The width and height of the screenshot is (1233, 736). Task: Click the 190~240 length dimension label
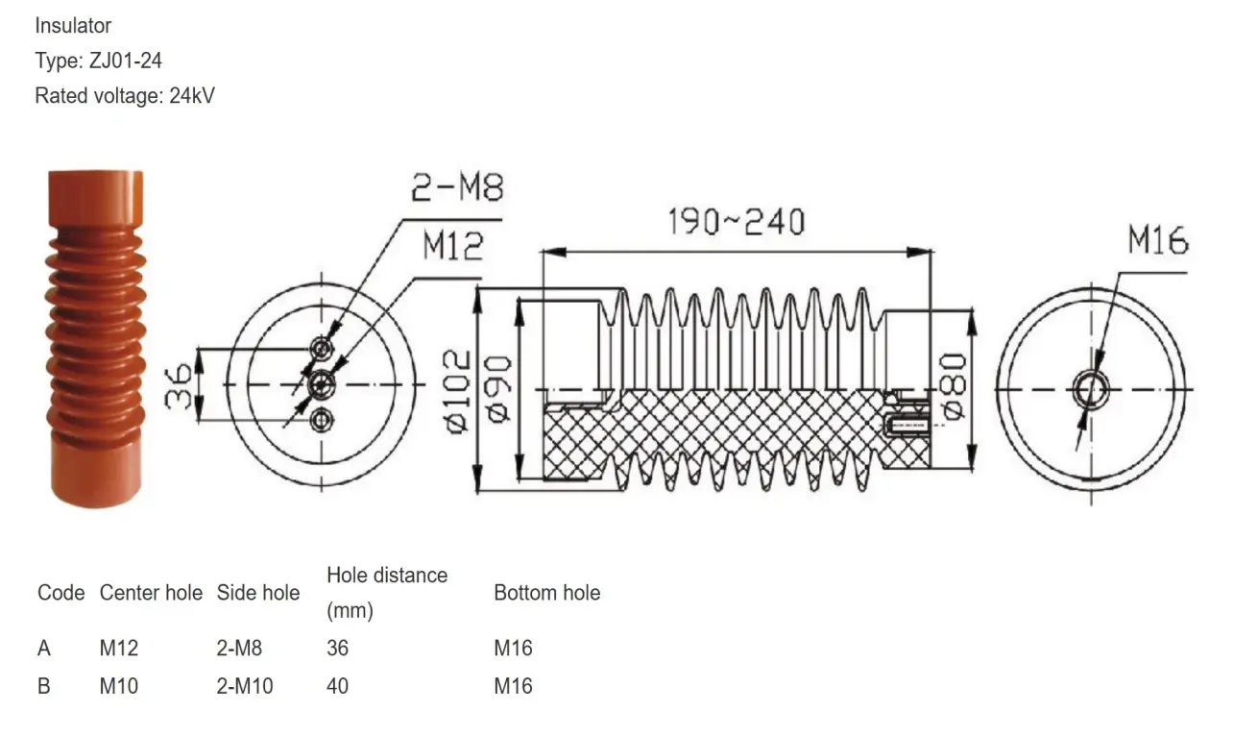pyautogui.click(x=737, y=222)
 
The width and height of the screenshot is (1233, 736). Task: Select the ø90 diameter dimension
pyautogui.click(x=499, y=393)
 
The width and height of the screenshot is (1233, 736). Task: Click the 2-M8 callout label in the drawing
pyautogui.click(x=457, y=188)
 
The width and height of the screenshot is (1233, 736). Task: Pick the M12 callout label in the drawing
pyautogui.click(x=453, y=247)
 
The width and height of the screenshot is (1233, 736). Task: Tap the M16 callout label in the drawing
pyautogui.click(x=1157, y=240)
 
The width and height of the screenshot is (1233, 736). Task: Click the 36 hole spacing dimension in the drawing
pyautogui.click(x=177, y=385)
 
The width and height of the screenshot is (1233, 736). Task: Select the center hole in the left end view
pyautogui.click(x=321, y=384)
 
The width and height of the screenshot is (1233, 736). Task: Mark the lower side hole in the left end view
pyautogui.click(x=321, y=420)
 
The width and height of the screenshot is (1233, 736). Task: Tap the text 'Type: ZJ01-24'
pyautogui.click(x=98, y=61)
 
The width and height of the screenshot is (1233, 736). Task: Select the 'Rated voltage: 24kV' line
pyautogui.click(x=125, y=96)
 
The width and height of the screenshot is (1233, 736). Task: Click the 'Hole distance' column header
pyautogui.click(x=387, y=576)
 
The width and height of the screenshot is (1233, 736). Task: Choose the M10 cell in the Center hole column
pyautogui.click(x=119, y=686)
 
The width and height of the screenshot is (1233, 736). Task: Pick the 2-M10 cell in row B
pyautogui.click(x=245, y=686)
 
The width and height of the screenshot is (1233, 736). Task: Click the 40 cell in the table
pyautogui.click(x=337, y=686)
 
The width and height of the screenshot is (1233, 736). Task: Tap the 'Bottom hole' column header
pyautogui.click(x=546, y=593)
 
